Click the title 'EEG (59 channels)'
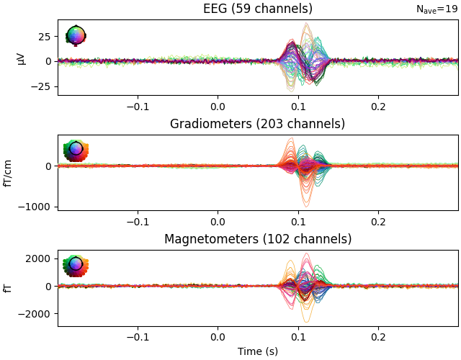[258, 9]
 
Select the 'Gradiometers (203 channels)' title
[258, 124]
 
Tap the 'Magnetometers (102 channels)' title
[258, 239]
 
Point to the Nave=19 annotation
[437, 9]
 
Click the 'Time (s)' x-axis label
[258, 351]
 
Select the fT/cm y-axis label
[9, 173]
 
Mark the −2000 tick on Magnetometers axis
[38, 314]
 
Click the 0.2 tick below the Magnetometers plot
[377, 337]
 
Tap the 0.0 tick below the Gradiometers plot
[218, 221]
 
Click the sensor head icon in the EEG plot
[76, 35]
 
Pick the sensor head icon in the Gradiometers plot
[76, 150]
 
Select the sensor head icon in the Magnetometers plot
[76, 265]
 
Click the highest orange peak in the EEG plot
[306, 24]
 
